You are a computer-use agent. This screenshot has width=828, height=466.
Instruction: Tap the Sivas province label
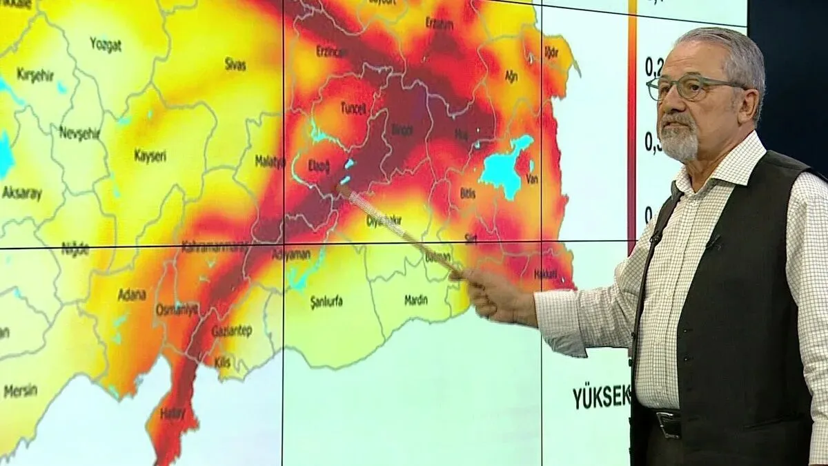point(235,65)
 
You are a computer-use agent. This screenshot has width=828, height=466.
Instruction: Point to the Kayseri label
point(149,157)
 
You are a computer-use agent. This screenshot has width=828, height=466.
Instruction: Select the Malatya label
point(270,162)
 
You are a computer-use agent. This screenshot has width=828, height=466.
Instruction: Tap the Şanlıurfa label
point(326,302)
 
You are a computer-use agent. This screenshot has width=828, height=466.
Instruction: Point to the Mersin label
point(21,391)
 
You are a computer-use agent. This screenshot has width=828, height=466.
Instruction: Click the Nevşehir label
point(76,133)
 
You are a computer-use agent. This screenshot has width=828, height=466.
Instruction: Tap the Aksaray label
point(22,193)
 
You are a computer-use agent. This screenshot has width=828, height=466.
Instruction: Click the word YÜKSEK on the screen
point(600,396)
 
